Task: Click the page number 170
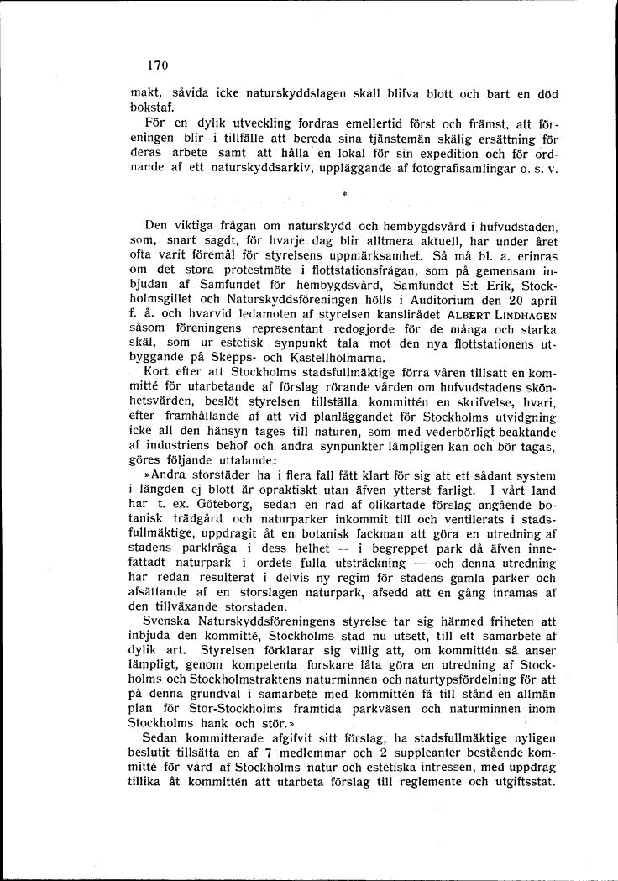(157, 65)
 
